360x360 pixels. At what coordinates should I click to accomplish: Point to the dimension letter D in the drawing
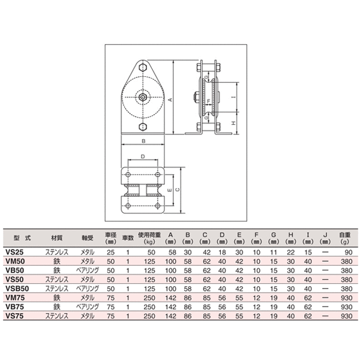click(143, 156)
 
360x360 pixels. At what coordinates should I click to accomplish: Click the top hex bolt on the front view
click(143, 68)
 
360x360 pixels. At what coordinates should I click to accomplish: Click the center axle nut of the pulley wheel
click(143, 96)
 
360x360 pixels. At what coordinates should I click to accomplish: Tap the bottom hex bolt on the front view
click(143, 127)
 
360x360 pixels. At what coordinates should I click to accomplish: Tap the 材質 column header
click(57, 237)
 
